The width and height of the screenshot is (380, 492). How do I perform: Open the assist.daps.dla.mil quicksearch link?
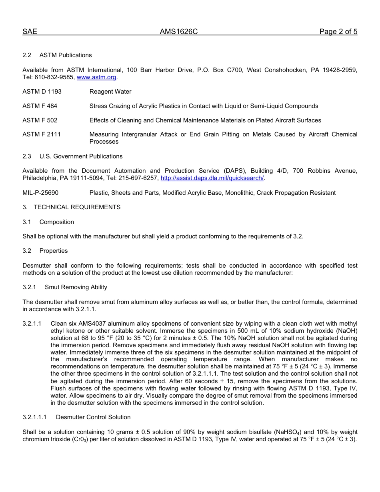[x=212, y=178]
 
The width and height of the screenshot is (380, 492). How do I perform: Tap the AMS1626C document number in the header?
[x=178, y=32]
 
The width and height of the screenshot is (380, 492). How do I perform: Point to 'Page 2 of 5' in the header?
[x=338, y=32]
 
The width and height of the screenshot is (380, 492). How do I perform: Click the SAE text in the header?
[x=30, y=32]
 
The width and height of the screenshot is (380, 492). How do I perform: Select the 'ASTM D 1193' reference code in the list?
[x=42, y=92]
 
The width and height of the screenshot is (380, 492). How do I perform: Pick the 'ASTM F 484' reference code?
[x=40, y=106]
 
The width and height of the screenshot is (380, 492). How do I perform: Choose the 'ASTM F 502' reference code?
[x=40, y=120]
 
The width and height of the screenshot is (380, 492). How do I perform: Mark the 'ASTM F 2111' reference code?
[x=42, y=134]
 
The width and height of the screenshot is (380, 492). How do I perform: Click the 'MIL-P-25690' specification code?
[x=40, y=193]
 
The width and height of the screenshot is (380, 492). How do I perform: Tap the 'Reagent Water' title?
[x=110, y=92]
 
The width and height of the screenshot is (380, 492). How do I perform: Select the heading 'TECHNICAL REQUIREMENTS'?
[x=77, y=207]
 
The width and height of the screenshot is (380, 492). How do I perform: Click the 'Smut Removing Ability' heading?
[x=76, y=287]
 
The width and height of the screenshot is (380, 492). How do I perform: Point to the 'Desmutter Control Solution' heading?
[x=93, y=417]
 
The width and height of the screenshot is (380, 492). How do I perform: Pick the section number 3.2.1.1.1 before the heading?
[x=35, y=417]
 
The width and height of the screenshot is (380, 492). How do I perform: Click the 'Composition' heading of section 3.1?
[x=57, y=222]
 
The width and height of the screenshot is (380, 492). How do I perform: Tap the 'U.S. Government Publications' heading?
[x=81, y=156]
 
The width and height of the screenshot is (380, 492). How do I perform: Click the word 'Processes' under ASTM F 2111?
[x=104, y=142]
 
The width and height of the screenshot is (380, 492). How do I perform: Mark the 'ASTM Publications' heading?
[x=66, y=55]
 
